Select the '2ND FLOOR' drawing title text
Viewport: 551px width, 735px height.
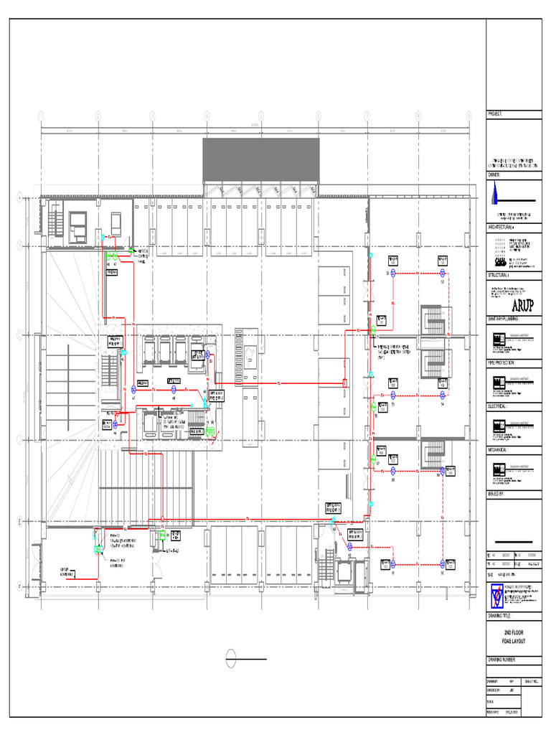pyautogui.click(x=514, y=632)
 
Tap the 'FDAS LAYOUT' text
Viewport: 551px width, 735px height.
pyautogui.click(x=514, y=640)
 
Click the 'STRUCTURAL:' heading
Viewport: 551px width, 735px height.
pyautogui.click(x=501, y=274)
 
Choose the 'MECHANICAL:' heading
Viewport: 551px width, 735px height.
pyautogui.click(x=501, y=450)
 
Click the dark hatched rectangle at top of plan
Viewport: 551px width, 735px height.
pyautogui.click(x=260, y=159)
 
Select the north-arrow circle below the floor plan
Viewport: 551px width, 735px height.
pyautogui.click(x=231, y=657)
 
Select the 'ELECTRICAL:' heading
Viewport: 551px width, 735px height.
pyautogui.click(x=501, y=406)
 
